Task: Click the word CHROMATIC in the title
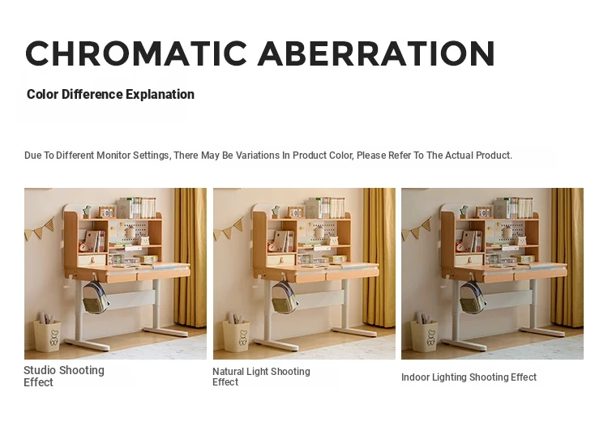pyautogui.click(x=136, y=53)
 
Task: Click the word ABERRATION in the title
pyautogui.click(x=376, y=53)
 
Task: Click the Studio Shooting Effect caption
pyautogui.click(x=64, y=376)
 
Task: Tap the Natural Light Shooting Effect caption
pyautogui.click(x=261, y=377)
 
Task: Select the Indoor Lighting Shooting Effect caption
pyautogui.click(x=469, y=377)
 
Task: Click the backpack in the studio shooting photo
pyautogui.click(x=95, y=296)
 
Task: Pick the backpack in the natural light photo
pyautogui.click(x=284, y=296)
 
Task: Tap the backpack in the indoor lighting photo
pyautogui.click(x=473, y=296)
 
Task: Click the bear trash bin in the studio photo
pyautogui.click(x=47, y=333)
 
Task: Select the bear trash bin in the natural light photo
pyautogui.click(x=236, y=333)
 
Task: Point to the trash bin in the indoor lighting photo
pyautogui.click(x=424, y=333)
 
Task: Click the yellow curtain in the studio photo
pyautogui.click(x=190, y=258)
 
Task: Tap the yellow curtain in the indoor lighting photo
pyautogui.click(x=567, y=258)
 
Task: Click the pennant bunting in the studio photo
pyautogui.click(x=40, y=229)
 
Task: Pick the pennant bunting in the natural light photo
pyautogui.click(x=229, y=229)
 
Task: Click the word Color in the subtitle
pyautogui.click(x=42, y=95)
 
